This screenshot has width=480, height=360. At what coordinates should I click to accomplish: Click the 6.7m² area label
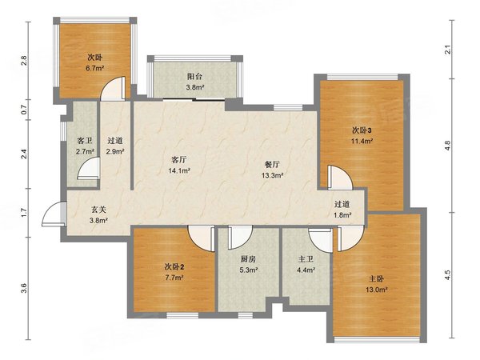point(95,68)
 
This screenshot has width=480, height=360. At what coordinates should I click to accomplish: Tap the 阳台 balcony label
point(194,76)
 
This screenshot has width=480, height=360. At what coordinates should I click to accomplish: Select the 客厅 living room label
point(179,160)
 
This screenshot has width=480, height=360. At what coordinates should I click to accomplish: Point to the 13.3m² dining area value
point(272,175)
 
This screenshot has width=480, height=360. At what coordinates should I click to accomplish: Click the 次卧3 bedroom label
point(362,130)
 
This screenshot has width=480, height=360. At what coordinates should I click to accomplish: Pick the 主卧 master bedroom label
point(376,279)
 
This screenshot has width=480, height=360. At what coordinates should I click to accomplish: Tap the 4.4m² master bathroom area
point(306,270)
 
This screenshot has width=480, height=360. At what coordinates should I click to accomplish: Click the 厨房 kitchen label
point(248,259)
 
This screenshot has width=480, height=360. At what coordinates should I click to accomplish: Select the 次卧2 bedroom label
point(174,267)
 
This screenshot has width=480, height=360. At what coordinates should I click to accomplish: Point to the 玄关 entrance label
point(98,210)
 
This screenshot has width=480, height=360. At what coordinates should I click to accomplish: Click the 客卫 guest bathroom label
point(85,141)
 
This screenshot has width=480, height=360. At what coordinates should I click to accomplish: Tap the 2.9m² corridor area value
point(115,151)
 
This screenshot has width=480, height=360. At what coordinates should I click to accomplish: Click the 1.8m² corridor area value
point(342,215)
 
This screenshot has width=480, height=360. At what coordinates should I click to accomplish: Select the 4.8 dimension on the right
point(447,145)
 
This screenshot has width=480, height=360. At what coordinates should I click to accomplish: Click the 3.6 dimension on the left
point(24,288)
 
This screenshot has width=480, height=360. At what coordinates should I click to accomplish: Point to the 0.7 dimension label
point(24,110)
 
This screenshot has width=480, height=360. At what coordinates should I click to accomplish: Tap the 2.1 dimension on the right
point(447,50)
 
